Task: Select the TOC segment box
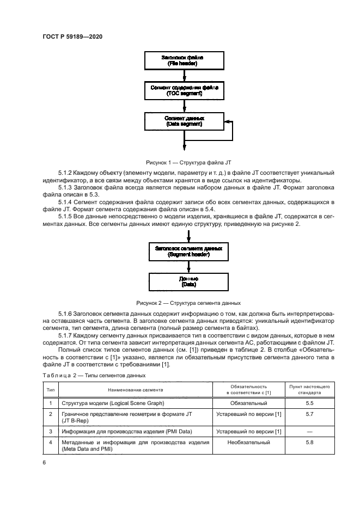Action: (183, 91)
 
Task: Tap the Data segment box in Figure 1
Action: (183, 121)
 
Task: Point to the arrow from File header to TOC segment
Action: (184, 76)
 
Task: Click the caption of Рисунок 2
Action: (188, 303)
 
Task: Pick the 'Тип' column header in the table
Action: (51, 390)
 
